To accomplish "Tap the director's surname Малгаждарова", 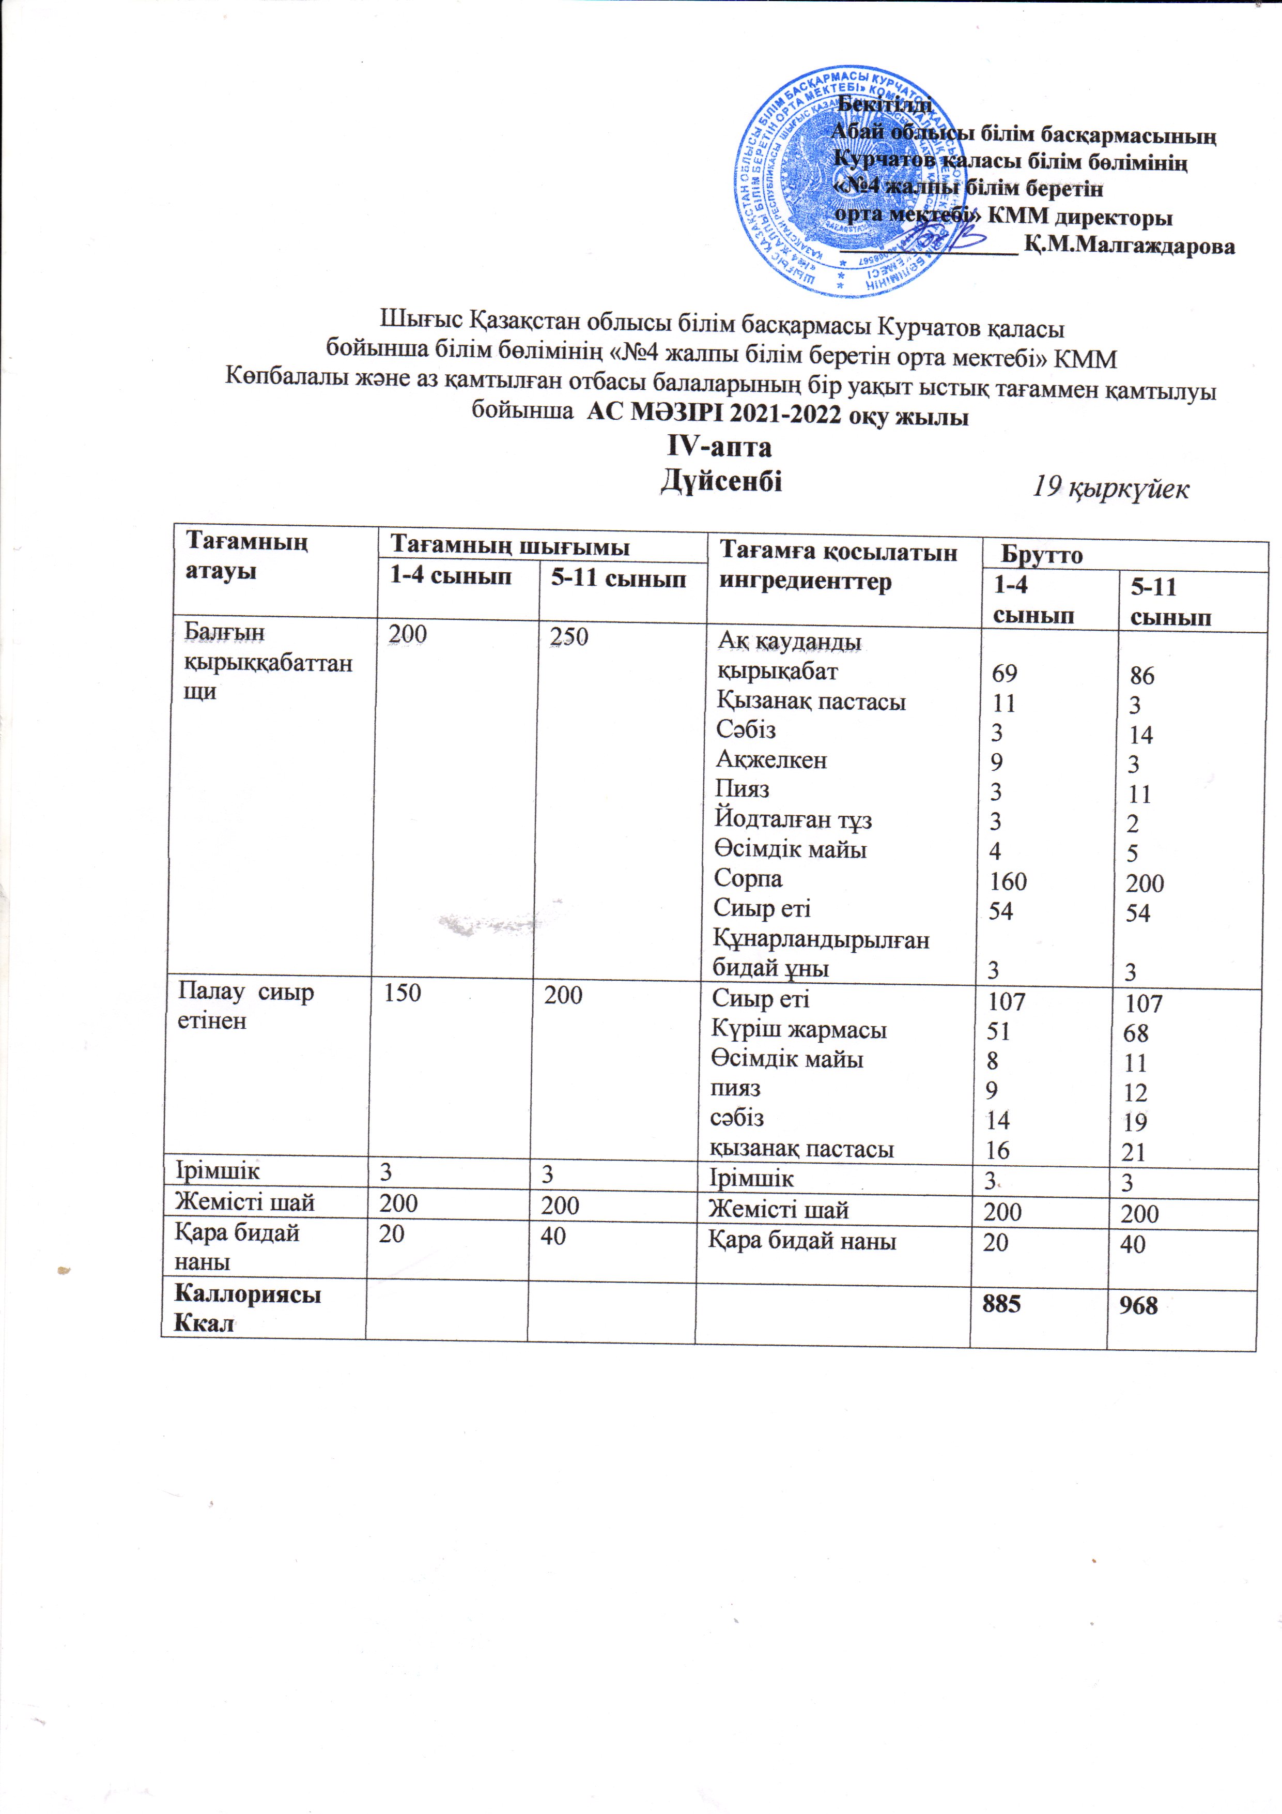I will (1130, 246).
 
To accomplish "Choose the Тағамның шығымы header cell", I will (511, 545).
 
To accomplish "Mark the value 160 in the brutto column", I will (1008, 881).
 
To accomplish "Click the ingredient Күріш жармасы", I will (798, 1029).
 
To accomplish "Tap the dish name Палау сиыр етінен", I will (245, 1006).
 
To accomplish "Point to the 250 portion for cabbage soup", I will (569, 637).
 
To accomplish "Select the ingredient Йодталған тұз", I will (793, 820).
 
